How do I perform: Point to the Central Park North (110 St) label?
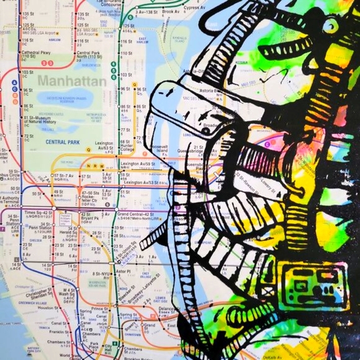point(88,55)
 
